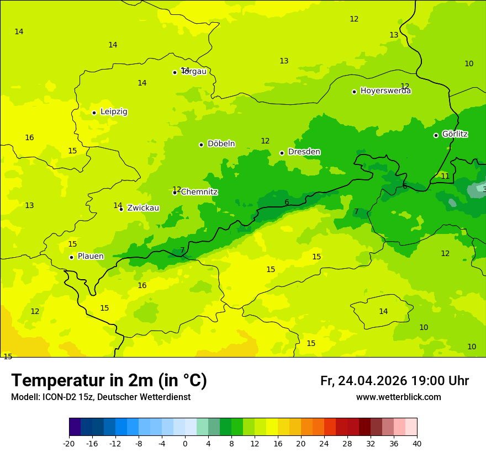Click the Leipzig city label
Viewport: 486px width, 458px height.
coord(114,112)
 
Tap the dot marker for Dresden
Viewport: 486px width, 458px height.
coord(282,153)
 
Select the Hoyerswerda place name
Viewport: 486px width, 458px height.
coord(385,91)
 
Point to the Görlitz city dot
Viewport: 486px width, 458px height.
coord(436,135)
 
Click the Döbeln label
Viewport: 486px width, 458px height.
coord(221,144)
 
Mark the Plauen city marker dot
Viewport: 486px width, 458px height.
coord(71,257)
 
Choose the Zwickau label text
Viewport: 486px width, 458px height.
coord(143,208)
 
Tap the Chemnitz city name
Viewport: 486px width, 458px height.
coord(199,192)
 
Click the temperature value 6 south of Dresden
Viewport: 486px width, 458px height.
coord(287,203)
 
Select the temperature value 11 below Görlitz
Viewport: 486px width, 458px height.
coord(445,177)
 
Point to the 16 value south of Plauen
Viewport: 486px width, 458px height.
coord(142,286)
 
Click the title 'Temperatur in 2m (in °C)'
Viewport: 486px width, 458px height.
coord(109,380)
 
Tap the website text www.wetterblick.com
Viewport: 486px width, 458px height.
coord(398,397)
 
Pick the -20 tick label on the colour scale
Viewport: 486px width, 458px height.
coord(69,444)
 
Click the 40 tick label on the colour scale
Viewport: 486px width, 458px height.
coord(417,444)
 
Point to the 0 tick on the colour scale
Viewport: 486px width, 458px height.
coord(185,444)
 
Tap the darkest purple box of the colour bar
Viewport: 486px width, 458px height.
coord(75,427)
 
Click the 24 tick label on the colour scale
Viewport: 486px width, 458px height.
coord(324,444)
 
